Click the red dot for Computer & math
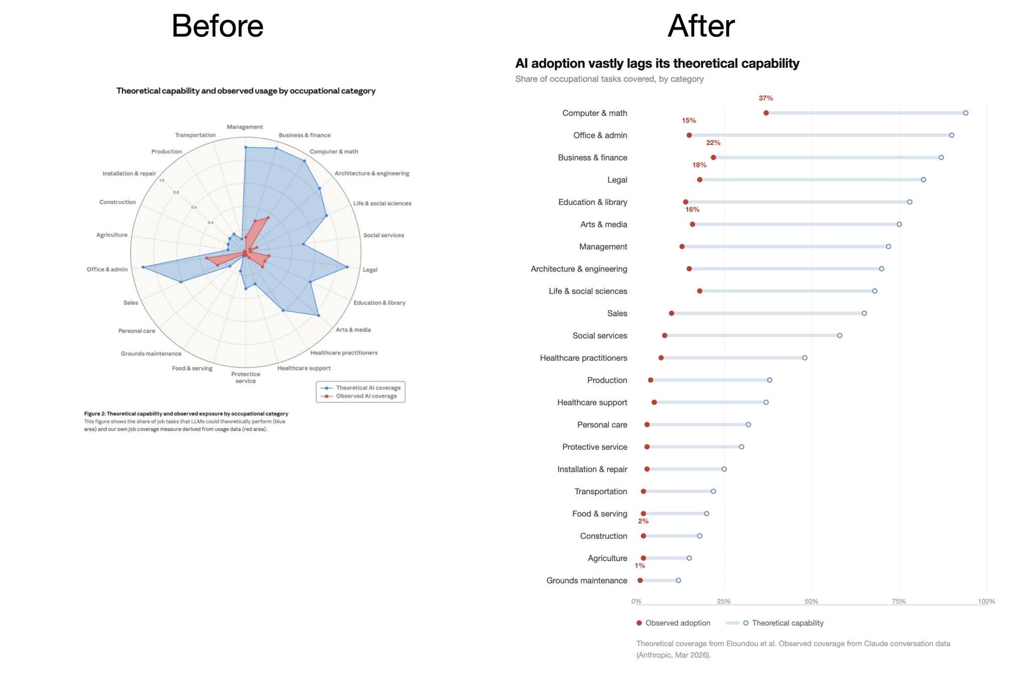(x=766, y=113)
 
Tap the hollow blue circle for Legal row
(x=923, y=180)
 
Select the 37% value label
(x=765, y=98)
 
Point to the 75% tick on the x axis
(x=898, y=601)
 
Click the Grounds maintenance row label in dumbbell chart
(x=586, y=581)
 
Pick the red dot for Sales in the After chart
(x=672, y=313)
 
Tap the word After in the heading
(x=701, y=26)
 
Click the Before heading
(x=217, y=26)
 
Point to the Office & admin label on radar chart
(x=107, y=269)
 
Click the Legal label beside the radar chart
(x=370, y=270)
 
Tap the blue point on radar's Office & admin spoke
(x=143, y=267)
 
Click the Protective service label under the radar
(x=245, y=377)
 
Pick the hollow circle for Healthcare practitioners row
(x=805, y=358)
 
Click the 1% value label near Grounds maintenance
(x=639, y=566)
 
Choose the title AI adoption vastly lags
(x=657, y=64)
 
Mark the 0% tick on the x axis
(x=636, y=601)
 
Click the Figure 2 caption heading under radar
(x=186, y=414)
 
